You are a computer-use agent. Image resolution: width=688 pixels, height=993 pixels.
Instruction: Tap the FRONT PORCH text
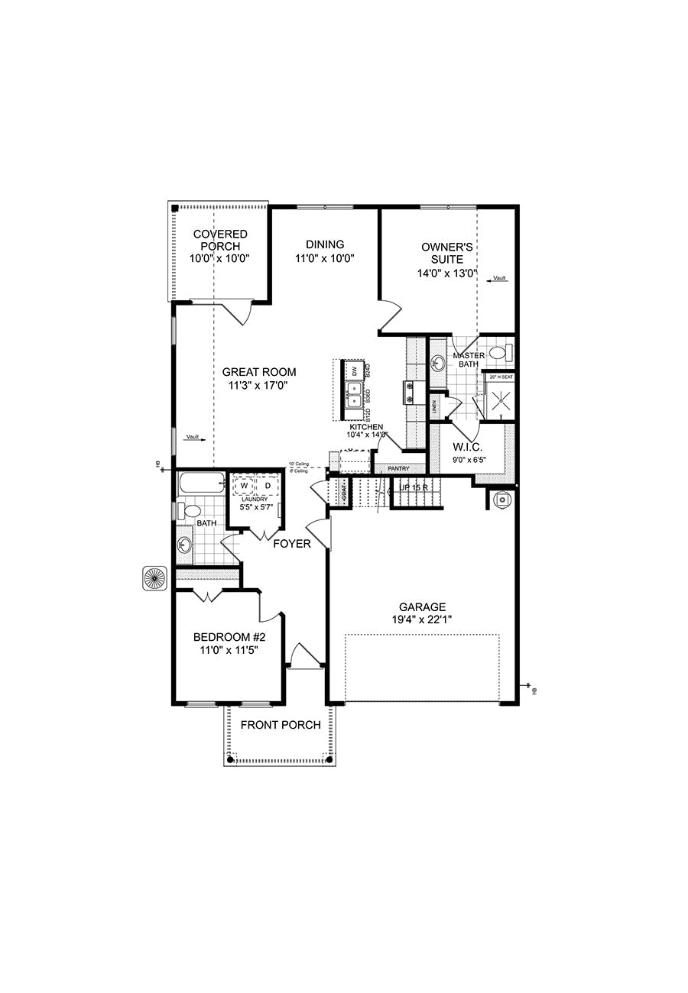[x=281, y=725]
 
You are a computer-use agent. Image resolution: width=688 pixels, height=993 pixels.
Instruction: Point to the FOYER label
[x=292, y=544]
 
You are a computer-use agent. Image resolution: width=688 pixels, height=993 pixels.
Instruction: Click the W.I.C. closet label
[x=465, y=447]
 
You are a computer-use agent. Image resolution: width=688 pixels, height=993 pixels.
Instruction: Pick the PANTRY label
[x=398, y=468]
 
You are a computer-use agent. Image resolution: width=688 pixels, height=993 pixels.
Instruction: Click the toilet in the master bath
[x=499, y=353]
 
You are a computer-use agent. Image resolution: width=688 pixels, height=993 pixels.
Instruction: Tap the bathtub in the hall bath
[x=201, y=483]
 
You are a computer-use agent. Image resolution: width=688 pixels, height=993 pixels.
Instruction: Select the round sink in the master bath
[x=438, y=361]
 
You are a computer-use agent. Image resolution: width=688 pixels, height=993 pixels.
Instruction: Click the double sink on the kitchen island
[x=355, y=395]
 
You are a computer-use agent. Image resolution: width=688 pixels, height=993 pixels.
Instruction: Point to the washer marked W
[x=245, y=485]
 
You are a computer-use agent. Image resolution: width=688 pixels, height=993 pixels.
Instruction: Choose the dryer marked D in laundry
[x=267, y=485]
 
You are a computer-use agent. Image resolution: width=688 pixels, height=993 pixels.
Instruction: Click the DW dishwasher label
[x=355, y=370]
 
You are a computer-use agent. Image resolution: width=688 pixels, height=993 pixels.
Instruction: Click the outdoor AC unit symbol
[x=155, y=578]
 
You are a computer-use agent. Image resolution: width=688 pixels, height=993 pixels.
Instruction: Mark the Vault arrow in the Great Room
[x=195, y=438]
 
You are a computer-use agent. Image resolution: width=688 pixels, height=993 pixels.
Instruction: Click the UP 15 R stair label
[x=414, y=487]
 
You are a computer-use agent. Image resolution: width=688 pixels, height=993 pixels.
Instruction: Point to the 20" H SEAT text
[x=501, y=377]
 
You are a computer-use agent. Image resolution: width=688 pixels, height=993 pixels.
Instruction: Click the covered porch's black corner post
[x=175, y=208]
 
